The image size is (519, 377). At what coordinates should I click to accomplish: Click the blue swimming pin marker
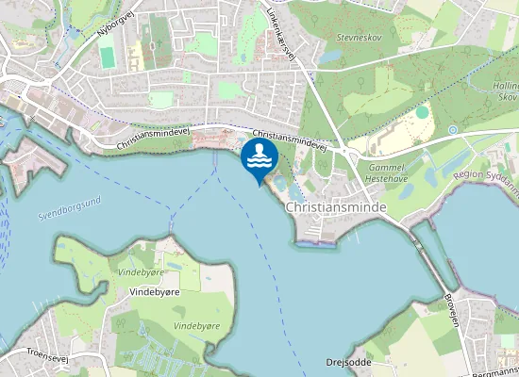(x=259, y=158)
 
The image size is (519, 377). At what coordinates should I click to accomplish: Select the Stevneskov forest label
(x=360, y=38)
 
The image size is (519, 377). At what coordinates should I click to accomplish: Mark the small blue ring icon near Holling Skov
(x=453, y=129)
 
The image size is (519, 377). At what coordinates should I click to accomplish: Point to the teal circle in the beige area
(x=422, y=112)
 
